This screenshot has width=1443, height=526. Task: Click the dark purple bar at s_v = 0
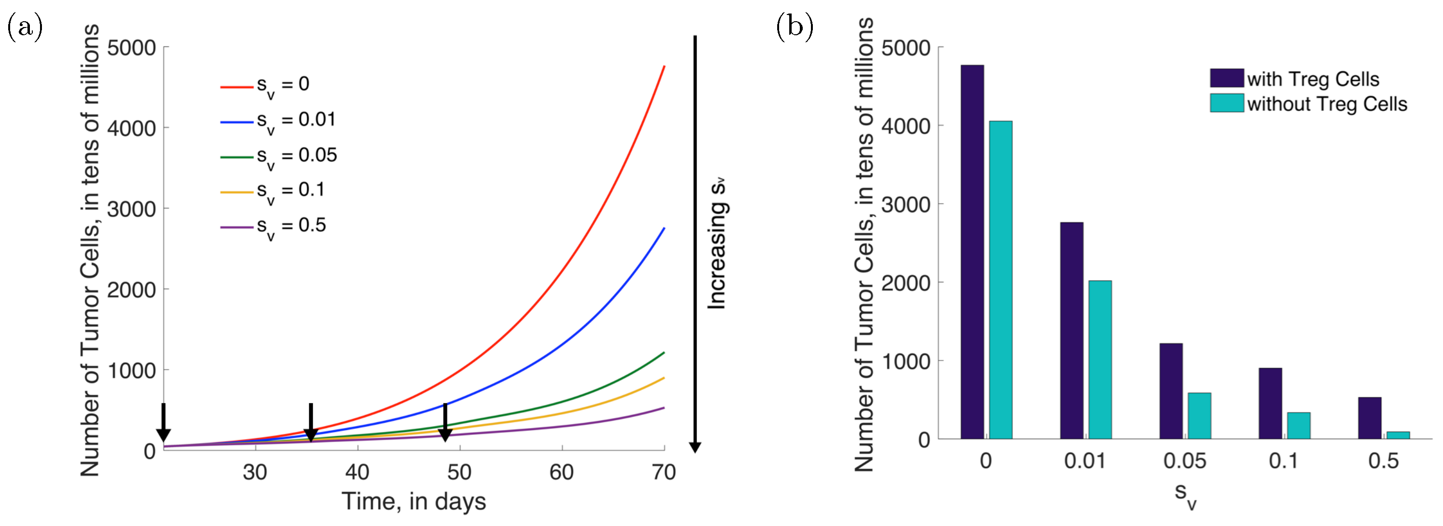click(x=972, y=252)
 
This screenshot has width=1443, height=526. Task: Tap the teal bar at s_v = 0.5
click(x=1398, y=435)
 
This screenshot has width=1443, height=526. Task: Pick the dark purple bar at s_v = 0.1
click(x=1270, y=404)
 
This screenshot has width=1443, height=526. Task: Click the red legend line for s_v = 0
click(x=236, y=87)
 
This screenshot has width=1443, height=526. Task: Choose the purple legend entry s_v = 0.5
click(x=273, y=226)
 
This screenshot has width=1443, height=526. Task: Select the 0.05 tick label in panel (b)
click(x=1184, y=461)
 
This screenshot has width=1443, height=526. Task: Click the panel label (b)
click(x=795, y=27)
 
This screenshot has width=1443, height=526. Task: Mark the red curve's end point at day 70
click(x=664, y=67)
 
